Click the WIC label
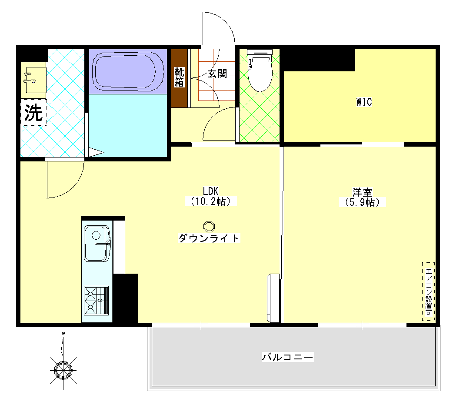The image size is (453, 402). click(364, 102)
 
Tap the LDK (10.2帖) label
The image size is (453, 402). click(210, 196)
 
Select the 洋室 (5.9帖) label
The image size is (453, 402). click(362, 197)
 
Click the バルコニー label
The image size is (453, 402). click(287, 357)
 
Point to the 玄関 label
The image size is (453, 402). click(217, 74)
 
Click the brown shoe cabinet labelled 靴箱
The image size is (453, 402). click(180, 78)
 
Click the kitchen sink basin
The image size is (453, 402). click(97, 244)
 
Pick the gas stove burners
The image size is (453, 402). click(96, 301)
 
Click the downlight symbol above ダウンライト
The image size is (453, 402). click(209, 226)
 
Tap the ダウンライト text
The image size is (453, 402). click(209, 238)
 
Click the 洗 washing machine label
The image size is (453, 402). click(33, 113)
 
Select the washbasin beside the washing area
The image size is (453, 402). click(33, 80)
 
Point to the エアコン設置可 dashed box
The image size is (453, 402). click(429, 291)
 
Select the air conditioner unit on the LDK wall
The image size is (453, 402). click(273, 298)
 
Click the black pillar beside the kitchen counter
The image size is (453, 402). click(125, 298)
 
